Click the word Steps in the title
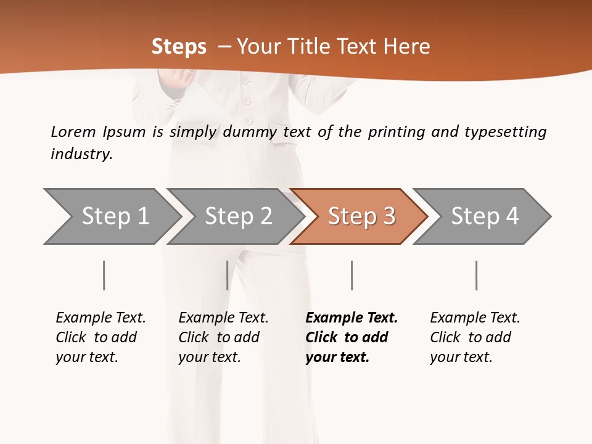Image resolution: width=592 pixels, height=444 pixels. (179, 47)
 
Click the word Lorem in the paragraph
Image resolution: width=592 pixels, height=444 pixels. (73, 132)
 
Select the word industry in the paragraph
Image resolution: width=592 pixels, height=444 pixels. (81, 154)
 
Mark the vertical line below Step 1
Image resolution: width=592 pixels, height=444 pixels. (104, 275)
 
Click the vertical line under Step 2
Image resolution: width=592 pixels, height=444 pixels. (228, 275)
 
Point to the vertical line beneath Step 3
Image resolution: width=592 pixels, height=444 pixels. (351, 275)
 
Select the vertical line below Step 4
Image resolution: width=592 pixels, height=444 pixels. (476, 275)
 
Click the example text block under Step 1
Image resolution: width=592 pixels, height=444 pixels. (101, 337)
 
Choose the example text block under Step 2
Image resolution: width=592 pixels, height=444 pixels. (223, 337)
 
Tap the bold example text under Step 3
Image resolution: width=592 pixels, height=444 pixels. (351, 337)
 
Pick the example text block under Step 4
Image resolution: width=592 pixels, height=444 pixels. (475, 337)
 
